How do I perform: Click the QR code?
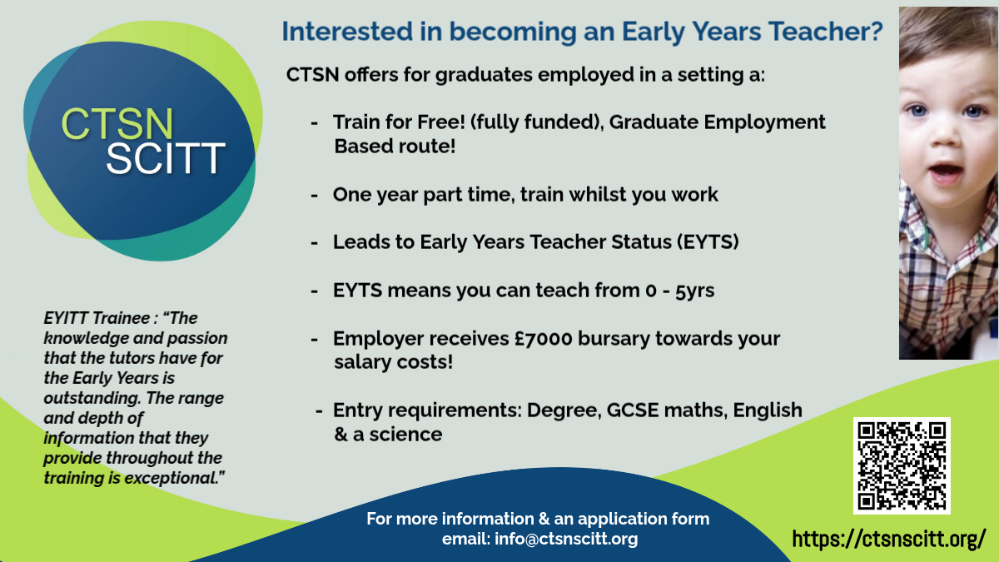[x=902, y=465]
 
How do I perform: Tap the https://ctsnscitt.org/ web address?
[x=889, y=540]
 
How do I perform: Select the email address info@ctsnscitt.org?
[x=566, y=540]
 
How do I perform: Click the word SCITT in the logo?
[x=166, y=158]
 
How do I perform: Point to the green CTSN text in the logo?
[x=117, y=123]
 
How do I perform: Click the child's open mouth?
[x=945, y=172]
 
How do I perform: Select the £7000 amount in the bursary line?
[x=543, y=339]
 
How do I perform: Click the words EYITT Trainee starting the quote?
[x=97, y=318]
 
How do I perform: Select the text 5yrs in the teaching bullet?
[x=694, y=291]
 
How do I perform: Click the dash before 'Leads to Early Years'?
[x=315, y=243]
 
